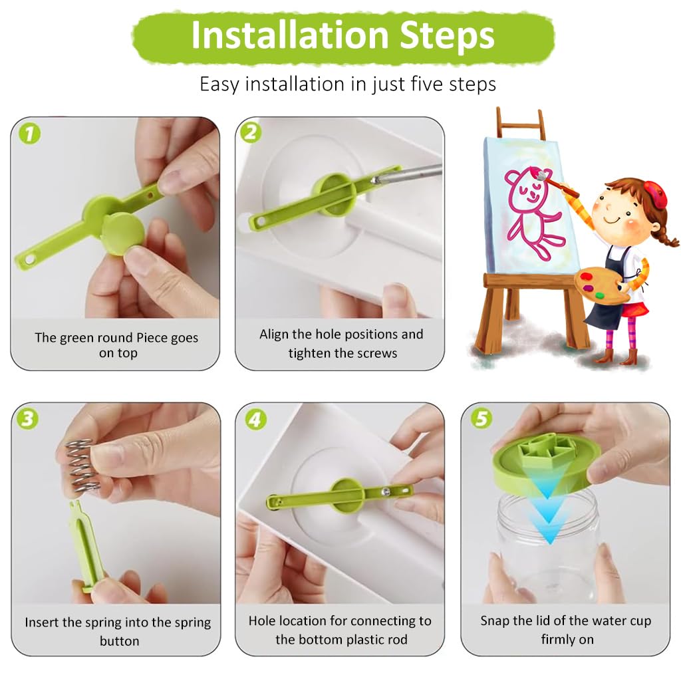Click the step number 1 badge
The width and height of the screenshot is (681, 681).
click(29, 134)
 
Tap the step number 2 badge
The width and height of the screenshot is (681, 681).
click(251, 133)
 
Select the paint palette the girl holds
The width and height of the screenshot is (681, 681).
click(602, 286)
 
